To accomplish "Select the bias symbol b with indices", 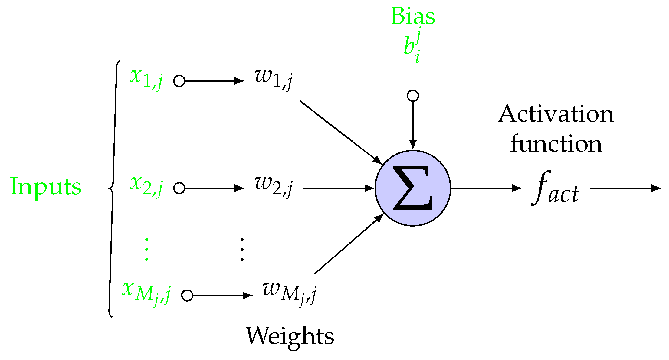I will (412, 45).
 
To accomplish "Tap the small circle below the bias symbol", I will (413, 96).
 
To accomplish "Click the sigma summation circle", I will (413, 188).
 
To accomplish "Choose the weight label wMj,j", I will (289, 292).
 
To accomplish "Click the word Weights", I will (290, 336).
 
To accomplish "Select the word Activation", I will (556, 114).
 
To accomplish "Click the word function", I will (556, 144).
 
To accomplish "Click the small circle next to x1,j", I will (179, 81).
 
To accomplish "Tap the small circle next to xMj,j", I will (187, 295).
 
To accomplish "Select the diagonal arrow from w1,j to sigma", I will (340, 132).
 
